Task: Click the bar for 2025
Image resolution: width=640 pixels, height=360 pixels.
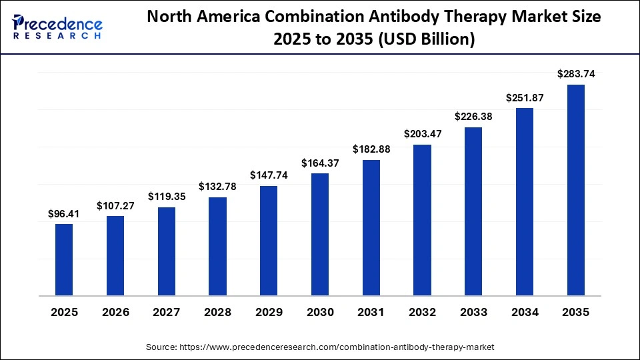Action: tap(64, 259)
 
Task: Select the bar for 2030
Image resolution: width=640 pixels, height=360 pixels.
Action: tap(320, 234)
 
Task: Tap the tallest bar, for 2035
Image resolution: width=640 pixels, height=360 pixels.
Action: tap(575, 190)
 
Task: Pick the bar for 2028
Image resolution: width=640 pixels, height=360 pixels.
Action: tap(217, 246)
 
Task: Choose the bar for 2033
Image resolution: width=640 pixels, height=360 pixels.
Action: tap(473, 211)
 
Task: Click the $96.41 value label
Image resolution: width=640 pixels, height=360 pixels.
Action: tap(64, 214)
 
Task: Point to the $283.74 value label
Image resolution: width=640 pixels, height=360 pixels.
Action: tap(575, 75)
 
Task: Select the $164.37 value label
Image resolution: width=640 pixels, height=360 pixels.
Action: tap(320, 163)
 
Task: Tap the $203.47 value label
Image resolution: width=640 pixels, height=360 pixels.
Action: tap(422, 134)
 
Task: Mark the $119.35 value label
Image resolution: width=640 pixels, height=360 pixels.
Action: tap(167, 197)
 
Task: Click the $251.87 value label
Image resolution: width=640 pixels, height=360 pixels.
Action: tap(525, 97)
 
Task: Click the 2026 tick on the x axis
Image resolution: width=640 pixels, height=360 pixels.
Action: tap(115, 313)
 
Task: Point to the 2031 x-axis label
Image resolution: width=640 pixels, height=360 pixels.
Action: tap(371, 313)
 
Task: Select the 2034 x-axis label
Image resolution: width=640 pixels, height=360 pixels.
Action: tap(525, 313)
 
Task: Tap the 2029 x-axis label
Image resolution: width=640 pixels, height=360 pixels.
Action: tap(269, 313)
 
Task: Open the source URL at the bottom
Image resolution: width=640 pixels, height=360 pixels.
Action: tap(320, 347)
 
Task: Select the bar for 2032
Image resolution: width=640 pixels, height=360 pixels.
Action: tap(422, 219)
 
